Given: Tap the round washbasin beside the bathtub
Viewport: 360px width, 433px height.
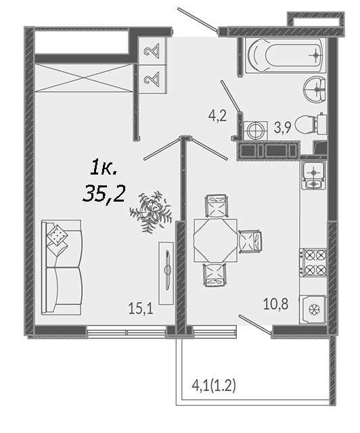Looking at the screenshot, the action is pyautogui.click(x=315, y=89).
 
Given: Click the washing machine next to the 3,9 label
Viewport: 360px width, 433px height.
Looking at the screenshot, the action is pyautogui.click(x=256, y=131).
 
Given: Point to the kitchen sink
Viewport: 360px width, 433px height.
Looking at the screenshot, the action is pyautogui.click(x=313, y=175).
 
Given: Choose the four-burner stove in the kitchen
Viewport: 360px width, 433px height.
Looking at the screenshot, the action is pyautogui.click(x=313, y=262).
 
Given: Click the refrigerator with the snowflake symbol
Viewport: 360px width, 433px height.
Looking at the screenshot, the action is pyautogui.click(x=313, y=309).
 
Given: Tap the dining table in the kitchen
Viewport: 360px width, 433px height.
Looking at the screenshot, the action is pyautogui.click(x=215, y=241).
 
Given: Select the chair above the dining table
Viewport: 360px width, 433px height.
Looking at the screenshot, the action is pyautogui.click(x=217, y=206).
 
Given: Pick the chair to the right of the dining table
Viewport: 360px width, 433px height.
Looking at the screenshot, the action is pyautogui.click(x=250, y=242).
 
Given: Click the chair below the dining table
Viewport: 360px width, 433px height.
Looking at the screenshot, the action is pyautogui.click(x=215, y=275).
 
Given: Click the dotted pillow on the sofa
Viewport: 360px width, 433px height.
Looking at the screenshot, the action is pyautogui.click(x=58, y=235).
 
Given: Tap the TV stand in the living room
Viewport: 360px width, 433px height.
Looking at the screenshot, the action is pyautogui.click(x=166, y=273).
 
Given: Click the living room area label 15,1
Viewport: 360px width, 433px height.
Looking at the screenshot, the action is pyautogui.click(x=141, y=308).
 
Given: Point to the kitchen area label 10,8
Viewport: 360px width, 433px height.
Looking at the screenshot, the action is pyautogui.click(x=275, y=304).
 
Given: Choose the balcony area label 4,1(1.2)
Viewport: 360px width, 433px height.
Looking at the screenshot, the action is pyautogui.click(x=214, y=386).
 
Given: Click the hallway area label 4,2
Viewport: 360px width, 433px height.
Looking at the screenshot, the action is pyautogui.click(x=217, y=116).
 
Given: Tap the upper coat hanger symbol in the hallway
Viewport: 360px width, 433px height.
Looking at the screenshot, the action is pyautogui.click(x=152, y=51).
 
